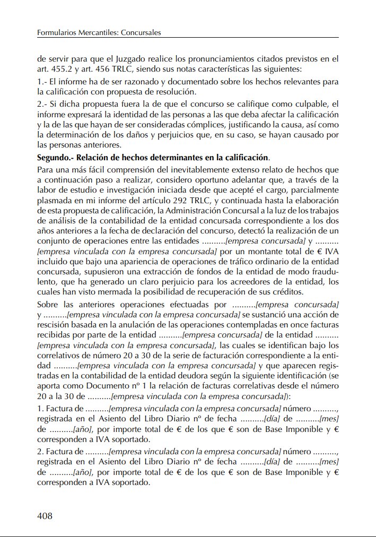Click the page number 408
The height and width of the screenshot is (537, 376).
pyautogui.click(x=45, y=515)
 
